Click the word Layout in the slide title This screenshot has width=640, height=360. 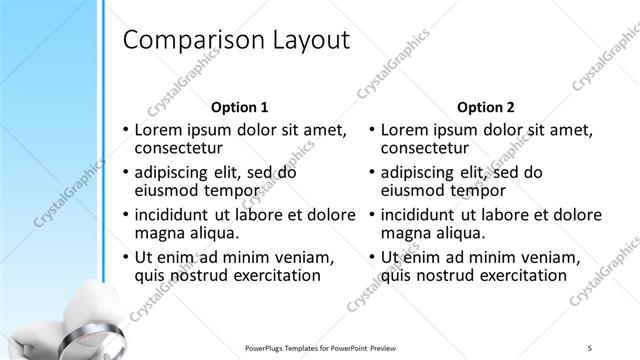(x=310, y=41)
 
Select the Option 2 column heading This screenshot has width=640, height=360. (x=486, y=107)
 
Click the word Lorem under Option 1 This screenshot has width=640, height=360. (x=158, y=130)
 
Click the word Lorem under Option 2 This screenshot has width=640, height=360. (x=405, y=130)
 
